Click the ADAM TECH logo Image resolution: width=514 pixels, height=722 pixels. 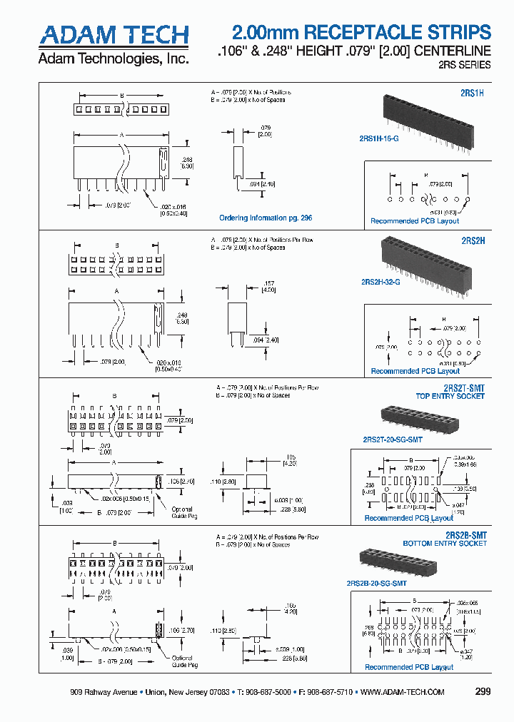pyautogui.click(x=114, y=36)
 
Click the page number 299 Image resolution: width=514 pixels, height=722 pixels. pyautogui.click(x=483, y=692)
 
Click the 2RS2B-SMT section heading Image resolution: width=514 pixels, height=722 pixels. pyautogui.click(x=465, y=534)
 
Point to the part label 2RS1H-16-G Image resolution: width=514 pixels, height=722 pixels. pyautogui.click(x=374, y=138)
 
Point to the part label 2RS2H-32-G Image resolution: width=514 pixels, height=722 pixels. pyautogui.click(x=381, y=283)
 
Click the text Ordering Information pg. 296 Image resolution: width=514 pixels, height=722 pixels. pyautogui.click(x=266, y=218)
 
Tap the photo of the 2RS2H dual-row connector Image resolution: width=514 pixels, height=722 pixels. pyautogui.click(x=425, y=265)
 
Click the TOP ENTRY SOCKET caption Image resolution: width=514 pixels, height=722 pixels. pyautogui.click(x=451, y=396)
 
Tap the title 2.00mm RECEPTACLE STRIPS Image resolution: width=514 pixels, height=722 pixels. pyautogui.click(x=362, y=32)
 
